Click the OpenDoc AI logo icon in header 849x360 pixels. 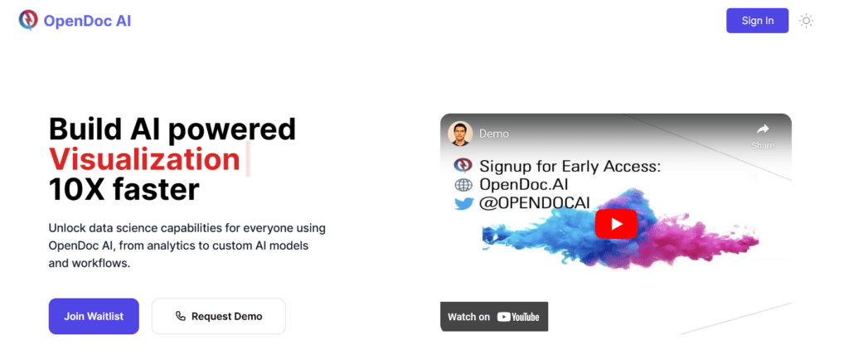coord(27,20)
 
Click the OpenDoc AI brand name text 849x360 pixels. coord(88,21)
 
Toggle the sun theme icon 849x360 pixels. coord(806,21)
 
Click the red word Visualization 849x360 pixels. coord(144,158)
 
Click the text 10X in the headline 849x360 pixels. coord(81,190)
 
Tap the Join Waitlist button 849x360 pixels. coord(94,316)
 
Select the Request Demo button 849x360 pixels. coord(218,316)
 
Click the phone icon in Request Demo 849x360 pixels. coord(181,316)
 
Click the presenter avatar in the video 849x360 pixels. coord(460,133)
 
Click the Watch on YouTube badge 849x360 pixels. coord(494,317)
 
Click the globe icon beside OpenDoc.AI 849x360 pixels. coord(463,184)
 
